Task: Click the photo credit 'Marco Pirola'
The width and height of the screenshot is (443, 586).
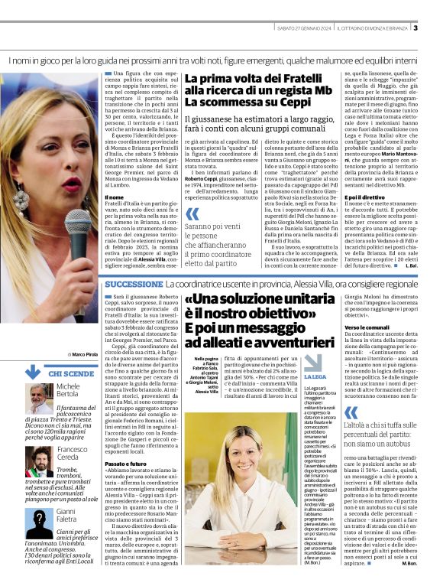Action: pyautogui.click(x=84, y=355)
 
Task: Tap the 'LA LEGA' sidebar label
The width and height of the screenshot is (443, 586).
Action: pyautogui.click(x=314, y=377)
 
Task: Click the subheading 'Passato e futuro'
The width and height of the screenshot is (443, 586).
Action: pyautogui.click(x=126, y=442)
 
